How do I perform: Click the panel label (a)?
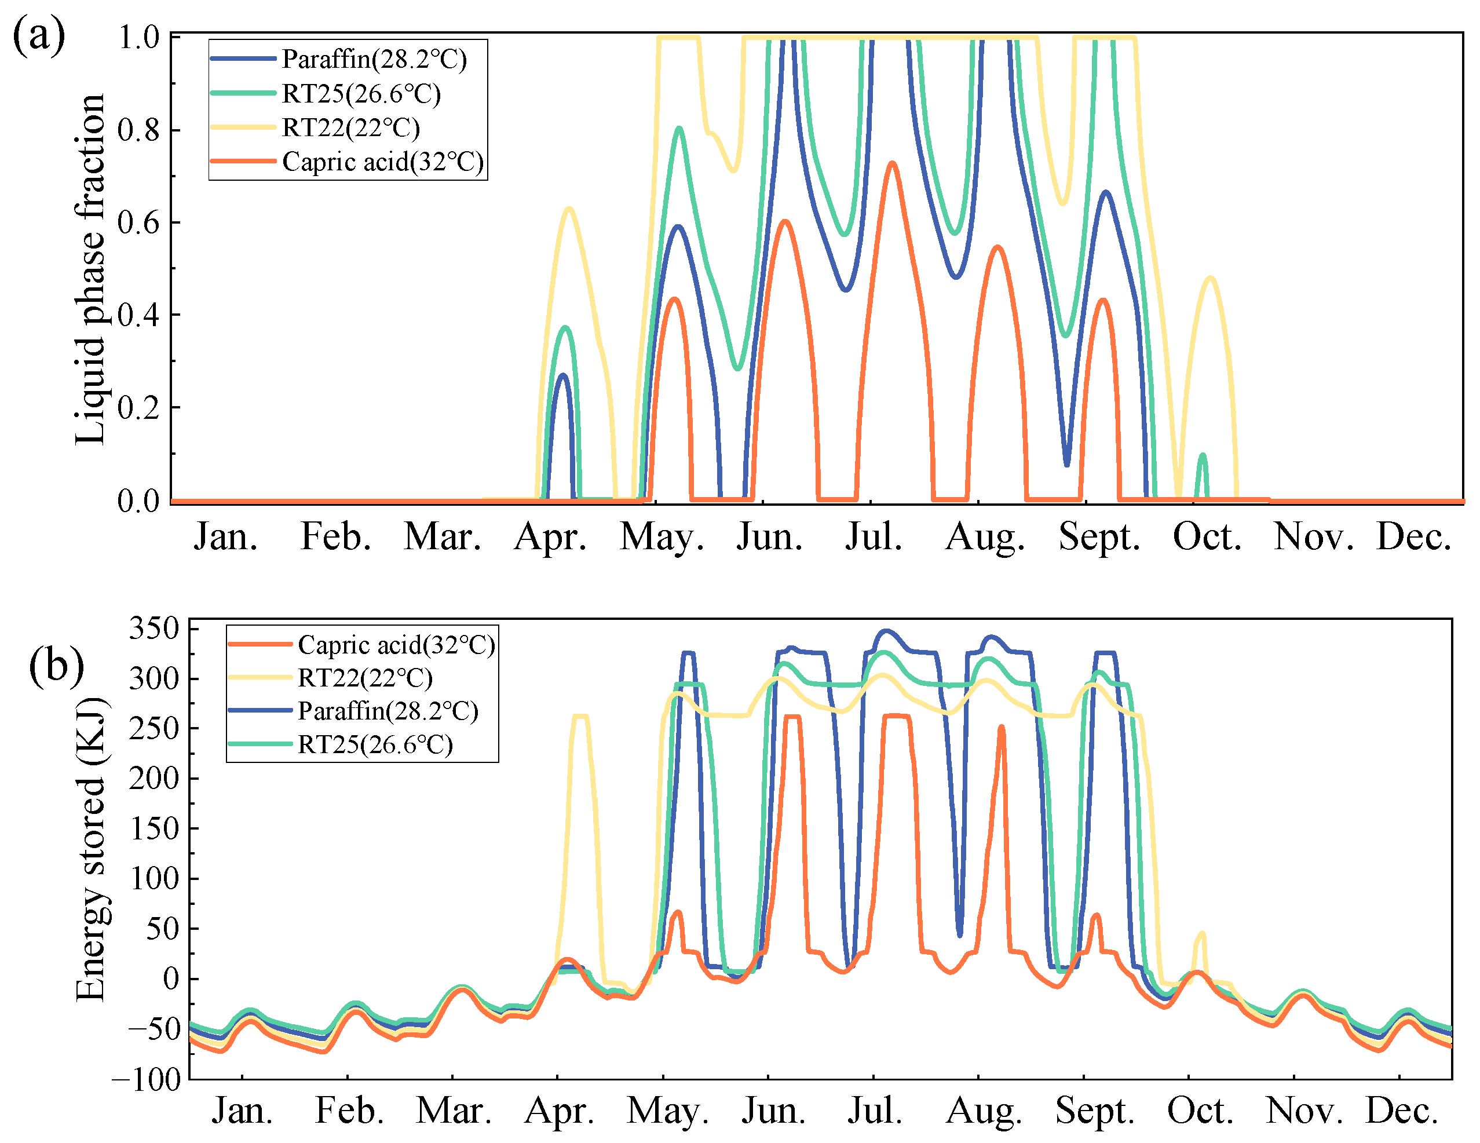pyautogui.click(x=39, y=35)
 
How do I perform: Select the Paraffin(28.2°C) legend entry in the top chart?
pyautogui.click(x=374, y=59)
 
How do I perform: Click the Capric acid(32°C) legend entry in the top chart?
pyautogui.click(x=382, y=161)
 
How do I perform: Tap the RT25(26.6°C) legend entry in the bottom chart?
pyautogui.click(x=375, y=744)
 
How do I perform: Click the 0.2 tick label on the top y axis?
pyautogui.click(x=138, y=407)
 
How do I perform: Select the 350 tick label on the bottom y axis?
pyautogui.click(x=154, y=628)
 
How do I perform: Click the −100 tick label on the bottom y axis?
pyautogui.click(x=147, y=1079)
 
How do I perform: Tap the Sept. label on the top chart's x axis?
pyautogui.click(x=1099, y=536)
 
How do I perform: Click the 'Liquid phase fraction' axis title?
pyautogui.click(x=91, y=269)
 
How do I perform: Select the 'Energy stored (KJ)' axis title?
pyautogui.click(x=91, y=848)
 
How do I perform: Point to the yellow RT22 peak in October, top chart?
pyautogui.click(x=1210, y=278)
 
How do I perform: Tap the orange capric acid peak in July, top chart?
pyautogui.click(x=892, y=163)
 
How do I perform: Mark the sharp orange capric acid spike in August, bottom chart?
pyautogui.click(x=1002, y=728)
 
